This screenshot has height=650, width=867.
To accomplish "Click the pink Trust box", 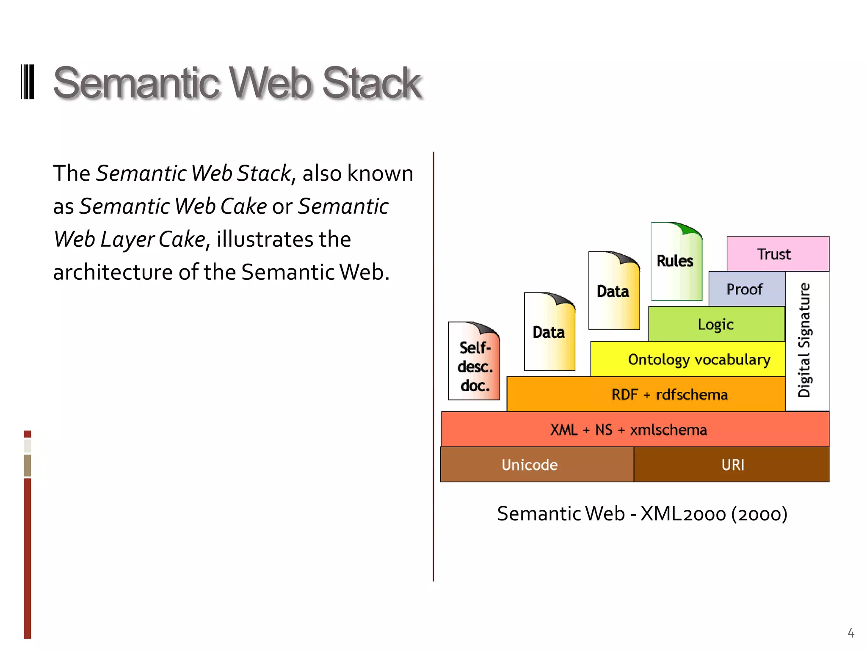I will [778, 254].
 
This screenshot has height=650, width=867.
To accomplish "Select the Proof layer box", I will [746, 289].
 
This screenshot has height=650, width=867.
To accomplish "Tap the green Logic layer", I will [716, 324].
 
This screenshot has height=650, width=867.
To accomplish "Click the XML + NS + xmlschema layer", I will [635, 430].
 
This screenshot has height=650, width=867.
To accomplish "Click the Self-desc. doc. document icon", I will [474, 362].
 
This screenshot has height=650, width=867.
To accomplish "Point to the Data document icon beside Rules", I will [613, 291].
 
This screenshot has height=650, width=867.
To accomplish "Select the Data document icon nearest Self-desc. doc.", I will [549, 332].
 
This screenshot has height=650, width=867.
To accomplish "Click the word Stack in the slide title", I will [371, 83].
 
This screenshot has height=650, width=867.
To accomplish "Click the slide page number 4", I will [850, 633].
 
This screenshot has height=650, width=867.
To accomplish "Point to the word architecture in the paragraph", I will [112, 272].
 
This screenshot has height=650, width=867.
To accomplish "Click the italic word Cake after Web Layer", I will [182, 240].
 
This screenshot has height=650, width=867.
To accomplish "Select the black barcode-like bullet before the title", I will [27, 82].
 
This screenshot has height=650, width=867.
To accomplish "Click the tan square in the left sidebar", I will [28, 465].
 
